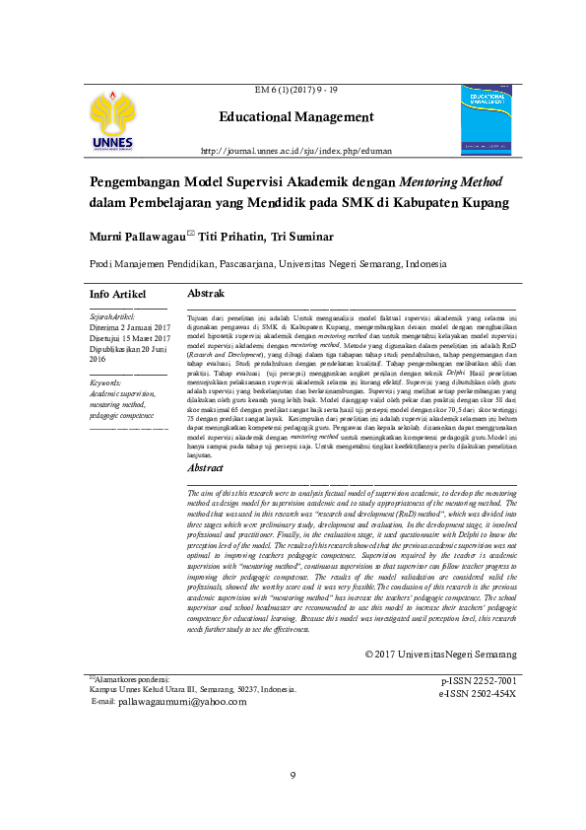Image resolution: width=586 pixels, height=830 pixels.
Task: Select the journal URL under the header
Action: tap(295, 152)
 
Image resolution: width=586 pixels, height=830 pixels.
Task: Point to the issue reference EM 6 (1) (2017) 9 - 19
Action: tap(295, 90)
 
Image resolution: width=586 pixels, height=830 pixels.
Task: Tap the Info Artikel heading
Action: tap(117, 295)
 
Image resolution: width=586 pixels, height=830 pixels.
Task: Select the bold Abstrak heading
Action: tap(206, 294)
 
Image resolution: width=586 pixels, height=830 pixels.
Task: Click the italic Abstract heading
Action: tap(206, 469)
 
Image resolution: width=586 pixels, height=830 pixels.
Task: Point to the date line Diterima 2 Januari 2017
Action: tap(130, 327)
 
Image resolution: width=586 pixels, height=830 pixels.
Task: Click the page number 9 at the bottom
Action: tap(293, 775)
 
